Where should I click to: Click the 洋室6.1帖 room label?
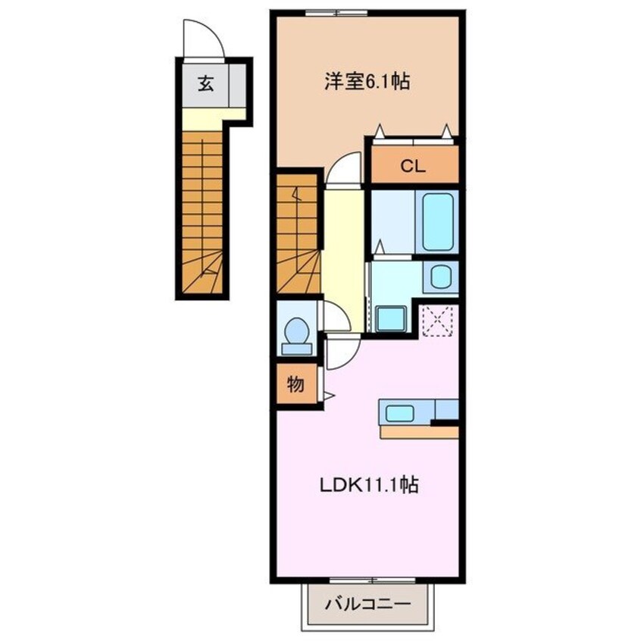[x=367, y=83]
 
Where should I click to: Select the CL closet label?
[x=413, y=167]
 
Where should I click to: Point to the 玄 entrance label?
[x=205, y=83]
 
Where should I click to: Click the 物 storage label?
[x=295, y=385]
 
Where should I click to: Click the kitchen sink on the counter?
[x=399, y=414]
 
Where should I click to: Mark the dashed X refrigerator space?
[x=437, y=319]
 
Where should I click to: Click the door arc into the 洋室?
[x=345, y=167]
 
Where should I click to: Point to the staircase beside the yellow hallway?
[x=297, y=235]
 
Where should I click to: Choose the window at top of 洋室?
[x=336, y=11]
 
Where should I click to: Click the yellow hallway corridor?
[x=342, y=242]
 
